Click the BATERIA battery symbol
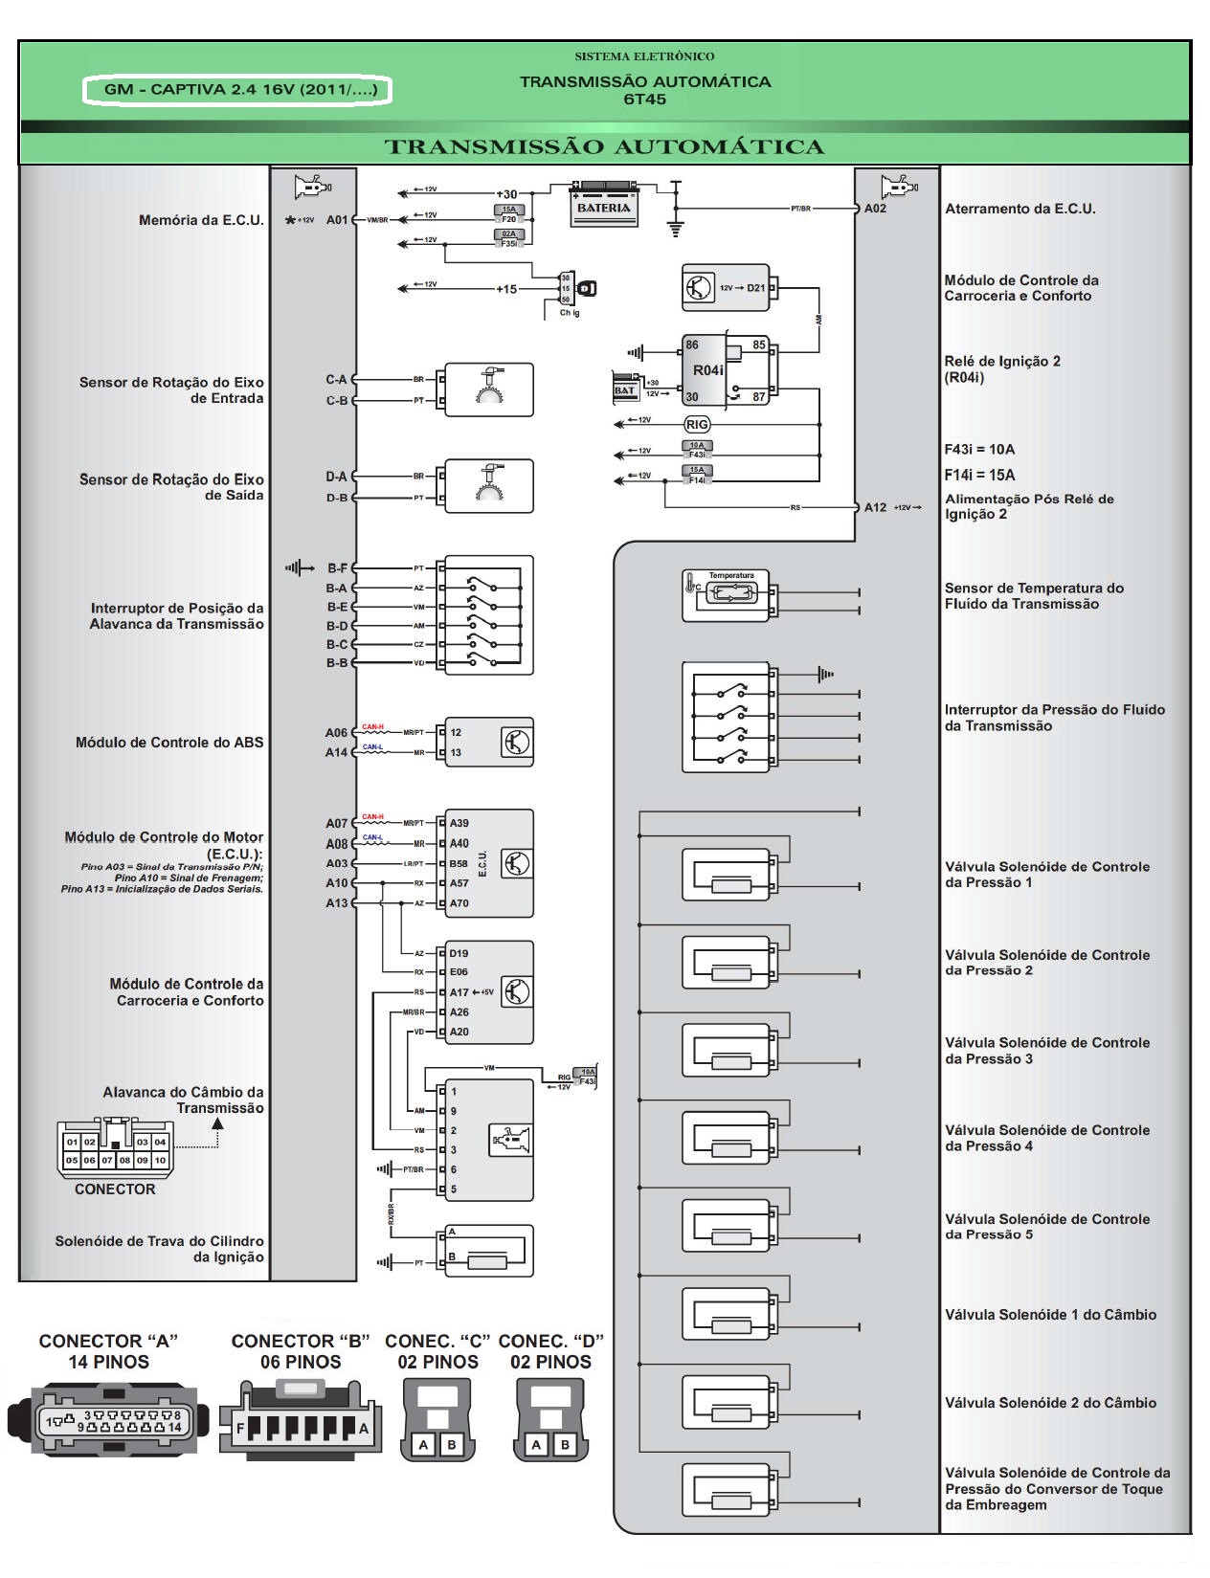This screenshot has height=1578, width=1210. tap(604, 205)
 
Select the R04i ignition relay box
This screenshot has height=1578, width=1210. tap(725, 370)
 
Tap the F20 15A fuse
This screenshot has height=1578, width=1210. tap(508, 214)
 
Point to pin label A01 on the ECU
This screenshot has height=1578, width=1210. tap(337, 220)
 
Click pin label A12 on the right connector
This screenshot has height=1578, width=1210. tap(875, 507)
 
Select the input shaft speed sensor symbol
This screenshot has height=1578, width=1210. tap(488, 389)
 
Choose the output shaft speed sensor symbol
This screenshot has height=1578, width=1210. tap(488, 486)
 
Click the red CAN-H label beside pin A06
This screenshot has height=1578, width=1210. tap(373, 727)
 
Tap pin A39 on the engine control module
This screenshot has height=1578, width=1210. tap(459, 823)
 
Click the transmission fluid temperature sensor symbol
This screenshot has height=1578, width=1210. tap(726, 594)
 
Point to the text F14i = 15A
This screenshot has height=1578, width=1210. tap(979, 475)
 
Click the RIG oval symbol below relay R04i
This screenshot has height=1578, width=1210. tap(697, 425)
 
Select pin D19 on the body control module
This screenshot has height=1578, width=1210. tap(459, 953)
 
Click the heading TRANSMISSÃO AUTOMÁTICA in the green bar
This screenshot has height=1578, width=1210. tap(604, 147)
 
